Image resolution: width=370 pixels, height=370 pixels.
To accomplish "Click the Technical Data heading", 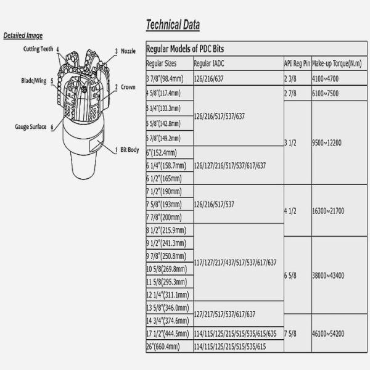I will click(172, 25).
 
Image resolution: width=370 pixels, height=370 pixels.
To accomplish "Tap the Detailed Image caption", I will click(23, 35).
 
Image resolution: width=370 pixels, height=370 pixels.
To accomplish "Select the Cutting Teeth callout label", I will click(38, 49).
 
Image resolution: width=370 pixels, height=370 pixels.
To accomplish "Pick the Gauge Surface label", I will click(31, 127).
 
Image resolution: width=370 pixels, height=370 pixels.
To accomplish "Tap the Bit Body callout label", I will click(126, 150).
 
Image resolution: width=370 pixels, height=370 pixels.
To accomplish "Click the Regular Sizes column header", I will click(162, 64).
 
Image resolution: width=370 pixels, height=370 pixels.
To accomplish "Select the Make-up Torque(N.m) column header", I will click(336, 64).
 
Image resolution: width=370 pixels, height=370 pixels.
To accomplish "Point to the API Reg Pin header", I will click(297, 64).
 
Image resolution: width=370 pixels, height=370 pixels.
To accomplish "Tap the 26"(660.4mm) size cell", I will click(163, 347).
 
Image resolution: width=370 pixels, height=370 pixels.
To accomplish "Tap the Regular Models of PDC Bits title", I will click(187, 49).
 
